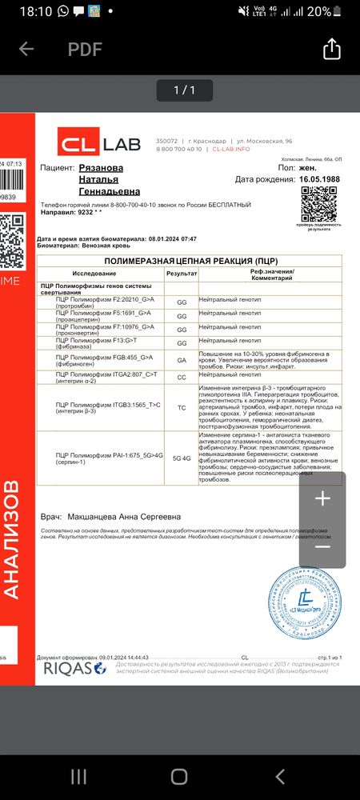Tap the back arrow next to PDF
coord(26,50)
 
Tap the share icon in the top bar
coord(331,50)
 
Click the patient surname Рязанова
coord(102,168)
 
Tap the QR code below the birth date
coord(318,206)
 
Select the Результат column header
coord(182,273)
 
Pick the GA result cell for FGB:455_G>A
coord(182,360)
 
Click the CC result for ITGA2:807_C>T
coord(182,377)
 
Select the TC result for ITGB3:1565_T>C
coord(182,407)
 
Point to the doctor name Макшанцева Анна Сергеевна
coord(124,517)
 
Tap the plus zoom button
coord(322,499)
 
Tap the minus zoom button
coord(322,546)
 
